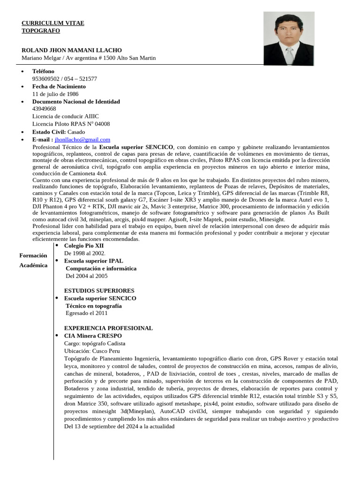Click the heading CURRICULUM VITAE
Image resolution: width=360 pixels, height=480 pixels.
pyautogui.click(x=53, y=23)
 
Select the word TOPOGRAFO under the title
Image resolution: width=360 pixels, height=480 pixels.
pyautogui.click(x=41, y=30)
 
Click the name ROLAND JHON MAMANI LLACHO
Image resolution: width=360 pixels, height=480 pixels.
pyautogui.click(x=72, y=50)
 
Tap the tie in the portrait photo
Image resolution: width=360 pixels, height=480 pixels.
pyautogui.click(x=290, y=56)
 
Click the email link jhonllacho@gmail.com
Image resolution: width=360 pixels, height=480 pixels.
pyautogui.click(x=82, y=139)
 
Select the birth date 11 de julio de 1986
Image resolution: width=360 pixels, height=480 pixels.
pyautogui.click(x=55, y=94)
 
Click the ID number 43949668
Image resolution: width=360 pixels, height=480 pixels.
pyautogui.click(x=44, y=109)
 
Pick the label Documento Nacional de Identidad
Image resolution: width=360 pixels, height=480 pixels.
pyautogui.click(x=76, y=101)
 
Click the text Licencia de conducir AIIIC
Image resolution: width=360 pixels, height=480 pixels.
pyautogui.click(x=66, y=116)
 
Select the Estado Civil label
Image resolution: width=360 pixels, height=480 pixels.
pyautogui.click(x=49, y=132)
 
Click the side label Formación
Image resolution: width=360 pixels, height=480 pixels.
pyautogui.click(x=33, y=255)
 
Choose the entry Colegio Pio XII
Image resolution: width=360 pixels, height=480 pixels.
pyautogui.click(x=84, y=245)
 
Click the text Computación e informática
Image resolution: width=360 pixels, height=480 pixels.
pyautogui.click(x=101, y=269)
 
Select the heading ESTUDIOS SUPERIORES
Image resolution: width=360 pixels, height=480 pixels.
pyautogui.click(x=99, y=291)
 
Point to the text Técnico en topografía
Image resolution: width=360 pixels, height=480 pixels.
pyautogui.click(x=94, y=306)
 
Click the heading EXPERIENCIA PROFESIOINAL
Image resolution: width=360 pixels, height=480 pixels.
pyautogui.click(x=108, y=328)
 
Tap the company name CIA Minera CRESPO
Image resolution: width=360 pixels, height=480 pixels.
pyautogui.click(x=93, y=336)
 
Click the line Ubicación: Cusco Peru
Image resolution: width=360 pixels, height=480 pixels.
pyautogui.click(x=92, y=351)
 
